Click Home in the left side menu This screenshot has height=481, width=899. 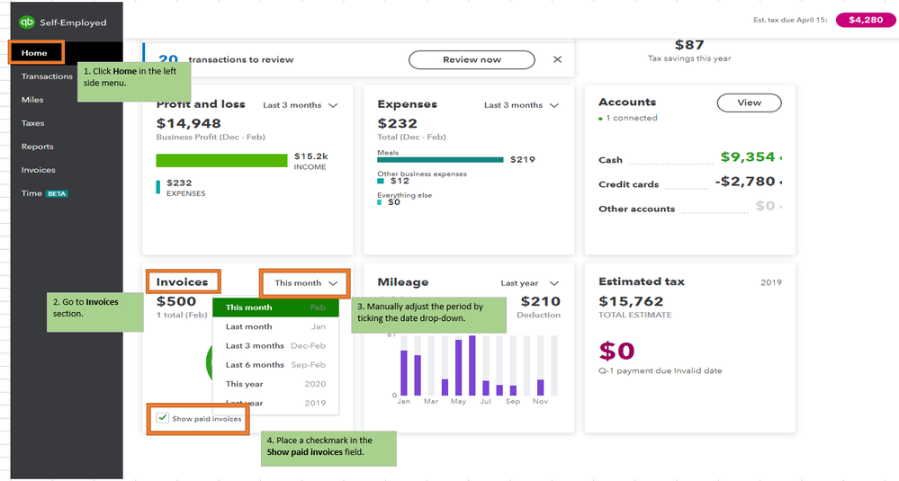coord(34,53)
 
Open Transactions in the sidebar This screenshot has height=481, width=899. coord(47,76)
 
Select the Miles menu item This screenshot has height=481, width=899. coord(32,100)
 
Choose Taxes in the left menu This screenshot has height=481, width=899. coord(33,123)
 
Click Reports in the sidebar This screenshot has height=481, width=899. coord(38,147)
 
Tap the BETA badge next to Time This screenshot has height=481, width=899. coord(58,193)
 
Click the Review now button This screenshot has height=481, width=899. coord(472,59)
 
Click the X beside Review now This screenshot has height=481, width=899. coord(557,59)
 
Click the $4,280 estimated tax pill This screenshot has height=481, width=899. coord(866,20)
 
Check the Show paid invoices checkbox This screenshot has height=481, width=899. coord(162,418)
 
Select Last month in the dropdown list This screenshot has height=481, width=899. coord(248,326)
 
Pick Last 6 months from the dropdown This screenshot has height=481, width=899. coord(255,365)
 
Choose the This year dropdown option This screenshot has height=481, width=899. coord(244,384)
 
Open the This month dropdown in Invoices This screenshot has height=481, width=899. coord(306,282)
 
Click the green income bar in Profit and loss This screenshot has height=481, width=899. coord(220,160)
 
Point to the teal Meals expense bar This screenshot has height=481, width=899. coord(440,159)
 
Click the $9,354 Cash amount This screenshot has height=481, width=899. coord(748,157)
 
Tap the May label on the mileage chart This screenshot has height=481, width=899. coord(458,401)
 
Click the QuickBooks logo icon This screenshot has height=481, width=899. coord(27,22)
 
